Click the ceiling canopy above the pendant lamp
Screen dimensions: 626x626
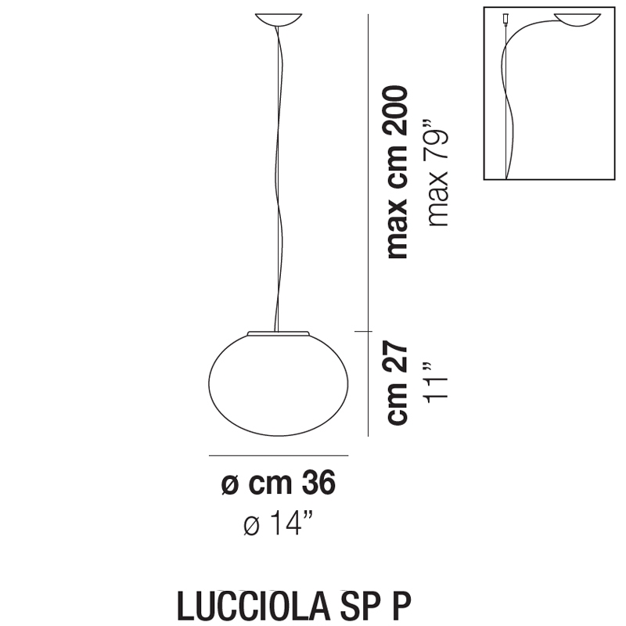(279, 20)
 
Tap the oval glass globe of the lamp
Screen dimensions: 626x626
(279, 384)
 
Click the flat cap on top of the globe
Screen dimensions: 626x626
(279, 333)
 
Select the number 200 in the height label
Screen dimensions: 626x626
(397, 112)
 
